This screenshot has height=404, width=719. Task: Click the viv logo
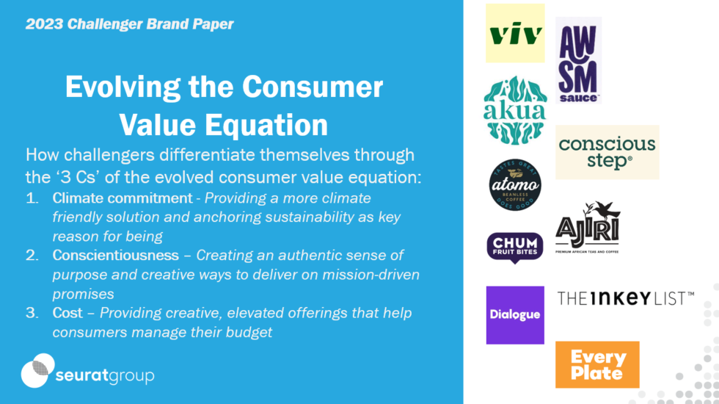tap(515, 33)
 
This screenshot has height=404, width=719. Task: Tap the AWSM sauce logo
tap(578, 60)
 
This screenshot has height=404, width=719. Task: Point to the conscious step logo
tap(607, 152)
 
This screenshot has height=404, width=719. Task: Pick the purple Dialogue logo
tap(515, 314)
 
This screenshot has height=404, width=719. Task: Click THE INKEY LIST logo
tap(625, 297)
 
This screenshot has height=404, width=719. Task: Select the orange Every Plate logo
tap(597, 364)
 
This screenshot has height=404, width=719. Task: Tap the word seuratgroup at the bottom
tap(105, 376)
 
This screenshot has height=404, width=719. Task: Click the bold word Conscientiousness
tap(115, 256)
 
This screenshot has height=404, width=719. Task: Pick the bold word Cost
tap(67, 313)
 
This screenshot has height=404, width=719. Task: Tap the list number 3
tap(32, 313)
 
